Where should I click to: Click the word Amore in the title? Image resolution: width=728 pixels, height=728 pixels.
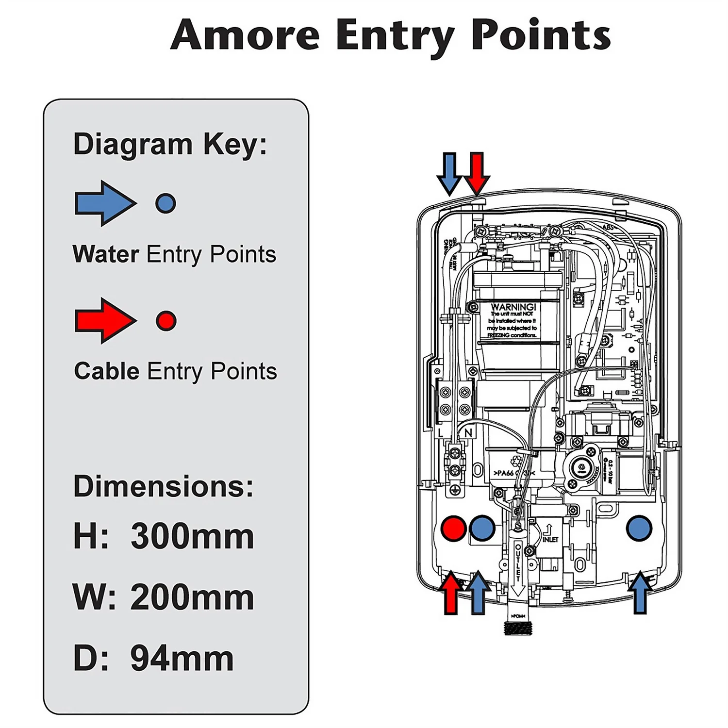[x=245, y=35]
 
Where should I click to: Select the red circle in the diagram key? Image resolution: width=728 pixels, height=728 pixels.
[x=166, y=321]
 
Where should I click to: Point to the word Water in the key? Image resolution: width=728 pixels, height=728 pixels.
[x=106, y=254]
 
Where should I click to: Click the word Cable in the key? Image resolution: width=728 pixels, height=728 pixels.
[x=107, y=371]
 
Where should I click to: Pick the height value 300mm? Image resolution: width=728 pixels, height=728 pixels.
[x=192, y=536]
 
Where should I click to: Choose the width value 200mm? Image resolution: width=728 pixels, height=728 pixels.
[x=192, y=597]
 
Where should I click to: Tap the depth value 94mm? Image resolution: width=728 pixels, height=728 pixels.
[x=182, y=659]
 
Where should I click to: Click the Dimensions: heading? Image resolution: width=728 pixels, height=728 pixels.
[x=163, y=486]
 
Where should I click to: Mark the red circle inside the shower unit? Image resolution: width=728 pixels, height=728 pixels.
[x=454, y=529]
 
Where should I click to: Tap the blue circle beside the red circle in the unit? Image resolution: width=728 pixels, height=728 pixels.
[x=482, y=528]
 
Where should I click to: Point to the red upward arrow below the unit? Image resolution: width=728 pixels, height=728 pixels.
[x=451, y=593]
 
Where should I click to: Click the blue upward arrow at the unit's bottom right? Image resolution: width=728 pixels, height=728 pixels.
[x=640, y=593]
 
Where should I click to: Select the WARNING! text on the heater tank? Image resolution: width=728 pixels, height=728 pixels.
[x=513, y=307]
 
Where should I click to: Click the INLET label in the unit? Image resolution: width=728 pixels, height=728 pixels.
[x=550, y=539]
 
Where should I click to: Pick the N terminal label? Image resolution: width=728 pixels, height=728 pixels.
[x=468, y=432]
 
